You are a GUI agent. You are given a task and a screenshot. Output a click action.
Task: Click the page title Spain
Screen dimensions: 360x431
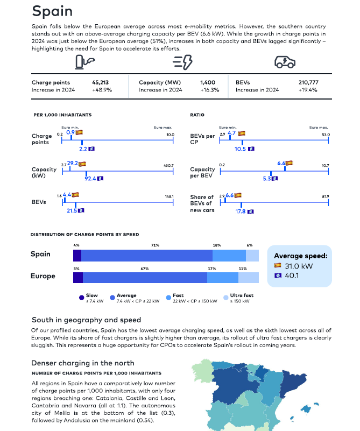coord(52,11)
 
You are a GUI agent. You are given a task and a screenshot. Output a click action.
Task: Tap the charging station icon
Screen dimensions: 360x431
coord(85,62)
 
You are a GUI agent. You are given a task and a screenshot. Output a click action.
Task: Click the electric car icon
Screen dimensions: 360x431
coord(285,62)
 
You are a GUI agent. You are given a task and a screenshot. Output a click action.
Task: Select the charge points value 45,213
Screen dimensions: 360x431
coord(100,82)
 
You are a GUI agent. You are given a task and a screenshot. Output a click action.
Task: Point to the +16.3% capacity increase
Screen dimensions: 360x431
coord(210,90)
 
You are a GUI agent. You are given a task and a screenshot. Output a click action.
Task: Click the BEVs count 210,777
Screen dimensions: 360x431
coord(308,82)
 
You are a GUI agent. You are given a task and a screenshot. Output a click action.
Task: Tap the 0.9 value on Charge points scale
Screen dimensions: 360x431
coord(70,132)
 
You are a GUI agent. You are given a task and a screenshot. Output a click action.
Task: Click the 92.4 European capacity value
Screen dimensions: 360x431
coord(90,179)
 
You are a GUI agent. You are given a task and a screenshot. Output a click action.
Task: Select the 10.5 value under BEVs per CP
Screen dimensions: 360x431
coord(240,149)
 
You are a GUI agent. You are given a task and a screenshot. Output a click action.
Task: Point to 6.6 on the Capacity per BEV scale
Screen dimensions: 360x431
coord(281,163)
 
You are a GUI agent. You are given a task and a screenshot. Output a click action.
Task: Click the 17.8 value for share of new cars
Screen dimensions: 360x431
coord(241,211)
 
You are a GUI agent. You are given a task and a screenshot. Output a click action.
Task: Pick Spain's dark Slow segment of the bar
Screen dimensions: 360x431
coord(77,256)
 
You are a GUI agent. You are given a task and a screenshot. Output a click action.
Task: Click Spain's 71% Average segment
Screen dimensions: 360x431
coord(147,256)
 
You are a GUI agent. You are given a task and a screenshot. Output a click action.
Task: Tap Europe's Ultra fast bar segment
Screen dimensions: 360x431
coord(249,278)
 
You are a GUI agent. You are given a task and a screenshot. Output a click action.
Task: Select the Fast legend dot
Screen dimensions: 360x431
coord(168,298)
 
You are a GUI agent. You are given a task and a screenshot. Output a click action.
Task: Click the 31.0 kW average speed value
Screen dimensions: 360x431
coord(299,266)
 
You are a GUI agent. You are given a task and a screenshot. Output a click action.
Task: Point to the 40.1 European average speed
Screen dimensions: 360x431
coord(292,275)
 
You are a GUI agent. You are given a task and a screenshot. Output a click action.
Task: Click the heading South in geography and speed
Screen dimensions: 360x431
coord(86,320)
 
